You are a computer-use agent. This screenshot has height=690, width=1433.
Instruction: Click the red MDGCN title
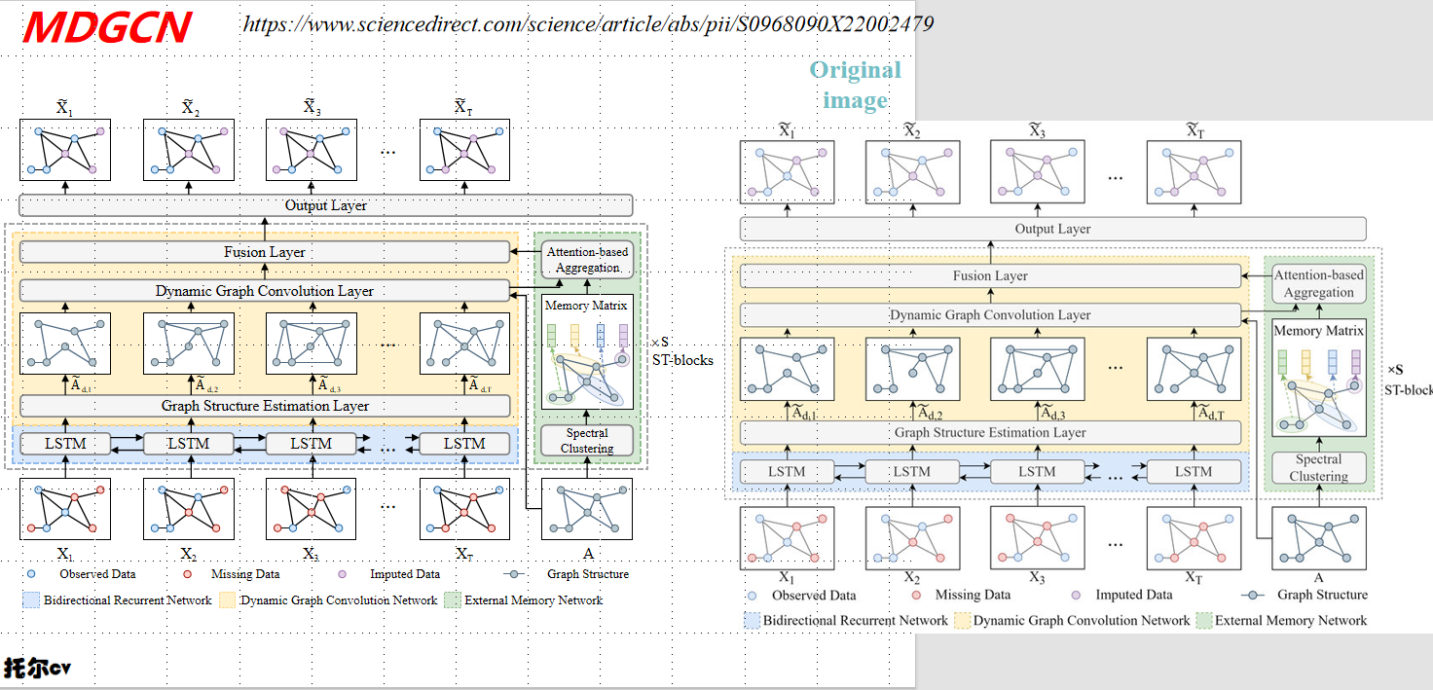(107, 27)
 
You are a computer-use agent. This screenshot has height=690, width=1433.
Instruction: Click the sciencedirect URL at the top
(588, 24)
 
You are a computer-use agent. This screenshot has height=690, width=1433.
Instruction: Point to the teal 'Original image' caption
(856, 85)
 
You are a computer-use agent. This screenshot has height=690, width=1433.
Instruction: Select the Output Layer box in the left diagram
(325, 205)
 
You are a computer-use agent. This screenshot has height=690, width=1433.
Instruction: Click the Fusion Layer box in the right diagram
(990, 276)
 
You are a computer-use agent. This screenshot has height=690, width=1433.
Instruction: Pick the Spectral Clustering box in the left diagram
(587, 441)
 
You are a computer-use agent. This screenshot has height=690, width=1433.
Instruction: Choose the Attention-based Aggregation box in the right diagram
(1319, 284)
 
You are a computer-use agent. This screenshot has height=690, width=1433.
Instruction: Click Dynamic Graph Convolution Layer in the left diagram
(264, 290)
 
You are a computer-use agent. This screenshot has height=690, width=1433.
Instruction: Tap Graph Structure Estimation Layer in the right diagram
(990, 432)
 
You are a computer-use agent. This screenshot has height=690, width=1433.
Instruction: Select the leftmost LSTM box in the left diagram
(66, 444)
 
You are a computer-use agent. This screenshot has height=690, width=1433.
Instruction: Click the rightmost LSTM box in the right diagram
(1193, 472)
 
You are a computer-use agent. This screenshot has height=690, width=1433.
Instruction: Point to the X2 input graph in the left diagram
(189, 508)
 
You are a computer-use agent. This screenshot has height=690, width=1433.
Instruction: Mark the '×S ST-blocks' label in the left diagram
(681, 351)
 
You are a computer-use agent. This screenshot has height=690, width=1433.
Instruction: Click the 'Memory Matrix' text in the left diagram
(586, 306)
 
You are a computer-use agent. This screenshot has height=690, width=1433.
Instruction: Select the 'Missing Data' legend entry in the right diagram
(971, 595)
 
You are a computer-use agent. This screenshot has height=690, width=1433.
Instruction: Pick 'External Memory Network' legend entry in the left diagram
(533, 600)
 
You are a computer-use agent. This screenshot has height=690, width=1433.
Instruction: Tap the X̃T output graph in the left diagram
(464, 149)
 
